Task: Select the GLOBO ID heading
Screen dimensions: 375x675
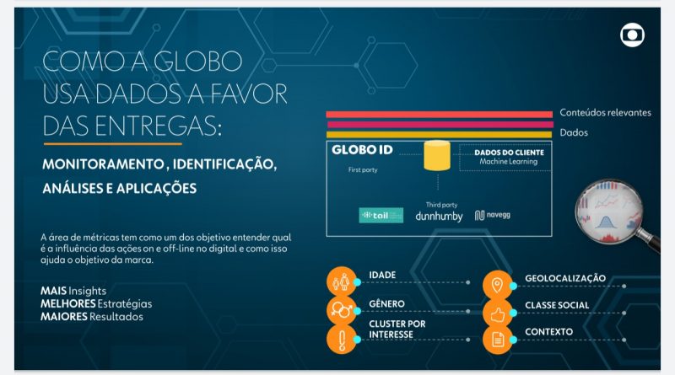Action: pos(363,150)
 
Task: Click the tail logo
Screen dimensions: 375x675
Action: pos(381,215)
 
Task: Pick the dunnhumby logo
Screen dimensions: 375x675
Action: pos(439,216)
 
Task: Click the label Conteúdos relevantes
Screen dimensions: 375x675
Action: pos(605,113)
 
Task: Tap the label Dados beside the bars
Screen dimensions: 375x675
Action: pos(574,132)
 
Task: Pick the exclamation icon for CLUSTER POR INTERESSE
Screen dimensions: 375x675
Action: pos(342,339)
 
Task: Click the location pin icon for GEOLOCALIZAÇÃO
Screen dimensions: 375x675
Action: pos(498,284)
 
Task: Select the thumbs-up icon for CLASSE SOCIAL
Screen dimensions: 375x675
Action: pos(498,312)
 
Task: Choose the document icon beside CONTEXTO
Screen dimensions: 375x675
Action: pos(498,340)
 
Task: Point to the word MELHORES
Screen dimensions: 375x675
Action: pos(67,303)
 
